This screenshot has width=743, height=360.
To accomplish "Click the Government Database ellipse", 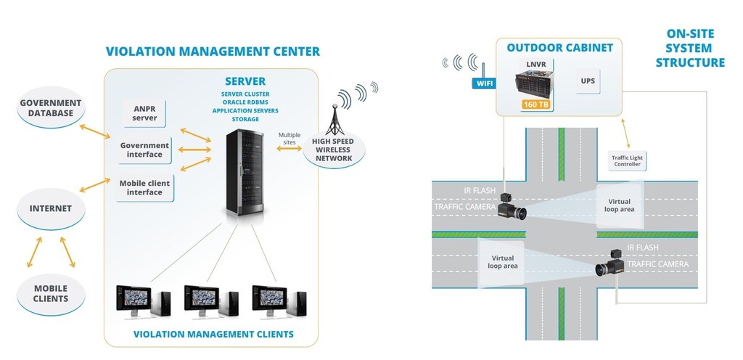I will pos(51,109).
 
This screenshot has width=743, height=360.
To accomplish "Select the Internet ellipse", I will pos(51,208).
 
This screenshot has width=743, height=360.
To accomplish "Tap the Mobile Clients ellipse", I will pos(51,293).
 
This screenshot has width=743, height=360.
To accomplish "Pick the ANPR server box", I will pos(145,113).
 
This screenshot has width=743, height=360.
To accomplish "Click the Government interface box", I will pos(144,150).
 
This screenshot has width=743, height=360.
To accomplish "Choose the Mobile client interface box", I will pos(144,188).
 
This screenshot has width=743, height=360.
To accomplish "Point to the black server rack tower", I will pos(244,173).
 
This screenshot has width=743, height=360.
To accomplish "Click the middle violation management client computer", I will pos(210,301).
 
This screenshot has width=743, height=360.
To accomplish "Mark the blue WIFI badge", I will pos(484,83).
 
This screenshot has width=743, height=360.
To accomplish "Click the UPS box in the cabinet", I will pos(588,81).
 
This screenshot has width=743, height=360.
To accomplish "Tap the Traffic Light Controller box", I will pos(627,160).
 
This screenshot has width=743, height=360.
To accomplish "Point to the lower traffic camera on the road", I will pos(609,267).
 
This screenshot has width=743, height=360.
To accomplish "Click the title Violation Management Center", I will pos(213,52).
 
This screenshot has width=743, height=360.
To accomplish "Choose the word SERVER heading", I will pos(245,81).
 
